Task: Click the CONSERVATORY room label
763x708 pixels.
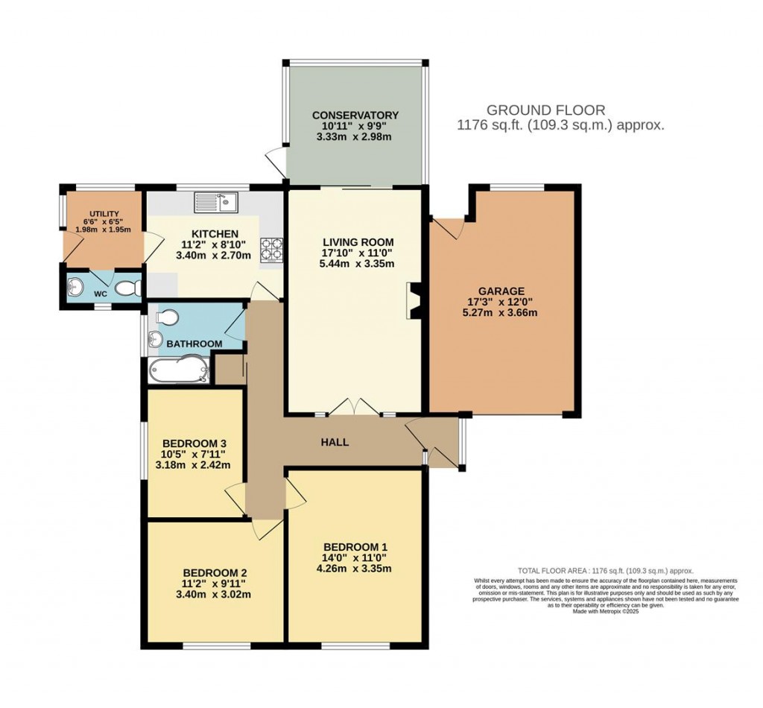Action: pyautogui.click(x=355, y=115)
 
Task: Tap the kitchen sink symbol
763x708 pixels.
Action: pyautogui.click(x=215, y=200)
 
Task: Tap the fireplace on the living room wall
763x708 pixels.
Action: pyautogui.click(x=412, y=302)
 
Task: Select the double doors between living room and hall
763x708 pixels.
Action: pyautogui.click(x=355, y=407)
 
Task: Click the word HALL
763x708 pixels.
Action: pyautogui.click(x=335, y=442)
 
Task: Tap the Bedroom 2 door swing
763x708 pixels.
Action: pyautogui.click(x=266, y=528)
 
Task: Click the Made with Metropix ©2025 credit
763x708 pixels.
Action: pyautogui.click(x=606, y=611)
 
